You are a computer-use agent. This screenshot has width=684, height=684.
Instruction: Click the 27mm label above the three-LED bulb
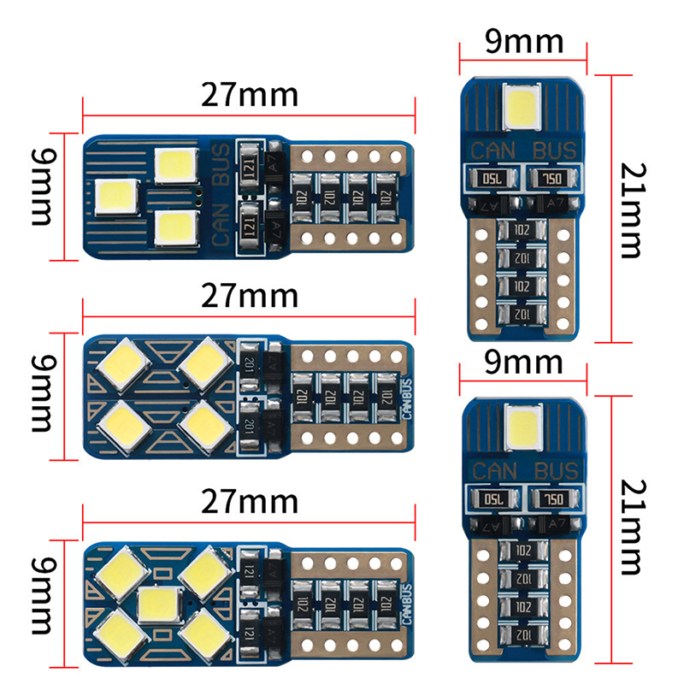pos(249,94)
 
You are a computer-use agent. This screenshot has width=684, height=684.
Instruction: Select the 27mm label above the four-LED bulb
pos(249,297)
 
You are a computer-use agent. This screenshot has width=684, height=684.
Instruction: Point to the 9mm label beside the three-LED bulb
pos(39,196)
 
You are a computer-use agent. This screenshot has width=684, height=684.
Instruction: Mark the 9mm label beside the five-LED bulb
pos(39,601)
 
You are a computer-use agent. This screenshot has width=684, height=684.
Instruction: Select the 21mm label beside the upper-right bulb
pos(631,209)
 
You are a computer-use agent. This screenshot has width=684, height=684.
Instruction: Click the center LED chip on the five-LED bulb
pos(156,604)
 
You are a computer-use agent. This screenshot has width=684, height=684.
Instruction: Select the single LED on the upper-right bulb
pos(522,104)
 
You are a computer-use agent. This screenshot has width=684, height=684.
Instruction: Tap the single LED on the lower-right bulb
pos(522,424)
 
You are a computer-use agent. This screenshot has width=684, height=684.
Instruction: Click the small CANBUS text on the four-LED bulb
pos(405,396)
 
